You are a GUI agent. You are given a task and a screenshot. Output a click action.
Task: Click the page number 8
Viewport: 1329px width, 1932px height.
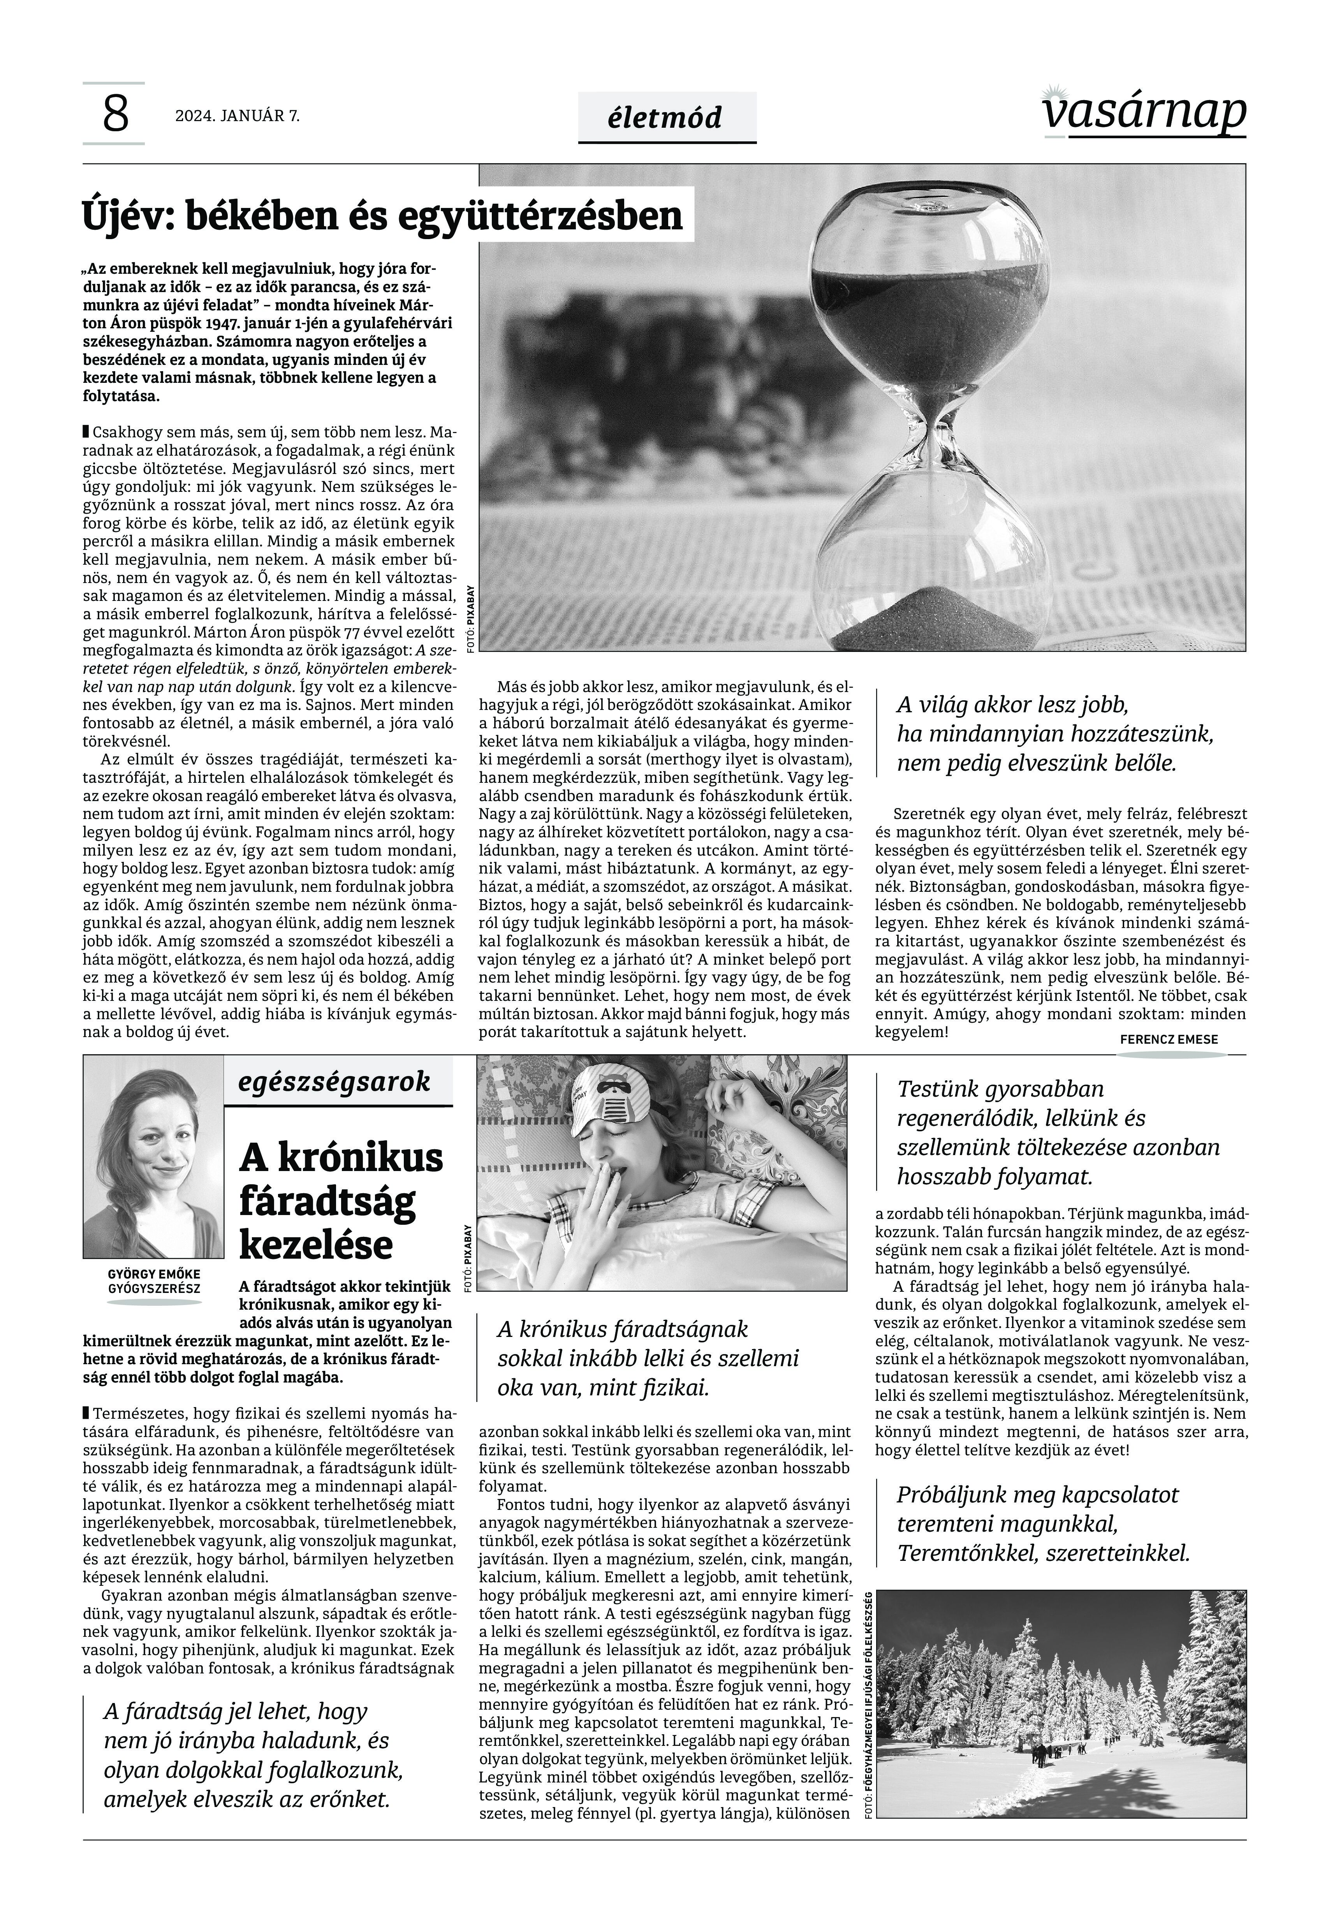[x=116, y=114]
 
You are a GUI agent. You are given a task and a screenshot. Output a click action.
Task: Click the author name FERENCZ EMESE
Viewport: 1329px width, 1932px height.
[x=1168, y=1039]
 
